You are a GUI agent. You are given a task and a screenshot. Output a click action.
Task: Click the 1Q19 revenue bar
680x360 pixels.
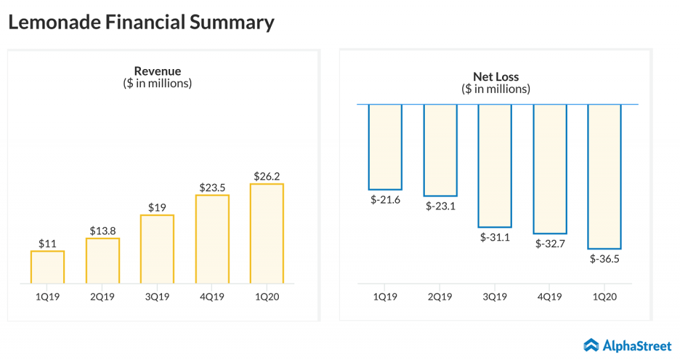click(47, 267)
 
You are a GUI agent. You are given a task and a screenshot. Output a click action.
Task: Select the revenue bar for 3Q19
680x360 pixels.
click(157, 249)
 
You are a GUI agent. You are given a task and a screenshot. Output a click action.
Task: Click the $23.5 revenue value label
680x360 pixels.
click(212, 187)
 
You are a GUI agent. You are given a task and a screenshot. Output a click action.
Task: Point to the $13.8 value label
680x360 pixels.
click(102, 230)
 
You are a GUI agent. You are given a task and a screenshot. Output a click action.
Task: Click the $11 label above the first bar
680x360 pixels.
click(47, 243)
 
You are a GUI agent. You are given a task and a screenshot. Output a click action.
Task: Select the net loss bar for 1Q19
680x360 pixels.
click(385, 147)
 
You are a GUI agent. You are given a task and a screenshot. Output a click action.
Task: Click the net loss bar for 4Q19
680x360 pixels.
click(550, 169)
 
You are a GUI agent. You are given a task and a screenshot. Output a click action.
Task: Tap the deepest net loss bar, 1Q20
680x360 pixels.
click(604, 176)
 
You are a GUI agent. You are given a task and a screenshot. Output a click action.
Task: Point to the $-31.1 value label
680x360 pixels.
click(495, 238)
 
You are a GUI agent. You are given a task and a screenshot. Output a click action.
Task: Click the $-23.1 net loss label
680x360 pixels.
click(440, 207)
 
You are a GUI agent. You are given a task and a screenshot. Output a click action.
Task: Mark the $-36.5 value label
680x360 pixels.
click(604, 259)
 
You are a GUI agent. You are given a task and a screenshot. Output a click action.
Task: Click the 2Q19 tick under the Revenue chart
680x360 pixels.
click(102, 297)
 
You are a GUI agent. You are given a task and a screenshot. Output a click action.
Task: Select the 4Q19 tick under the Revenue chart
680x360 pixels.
click(212, 297)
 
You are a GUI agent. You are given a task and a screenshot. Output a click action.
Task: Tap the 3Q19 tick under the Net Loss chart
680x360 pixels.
click(495, 297)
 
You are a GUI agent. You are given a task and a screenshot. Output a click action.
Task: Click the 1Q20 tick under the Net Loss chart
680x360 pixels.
click(604, 297)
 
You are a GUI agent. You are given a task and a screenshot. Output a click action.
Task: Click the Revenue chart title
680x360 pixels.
click(157, 71)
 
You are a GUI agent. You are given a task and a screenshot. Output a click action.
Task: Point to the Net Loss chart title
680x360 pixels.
click(495, 76)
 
